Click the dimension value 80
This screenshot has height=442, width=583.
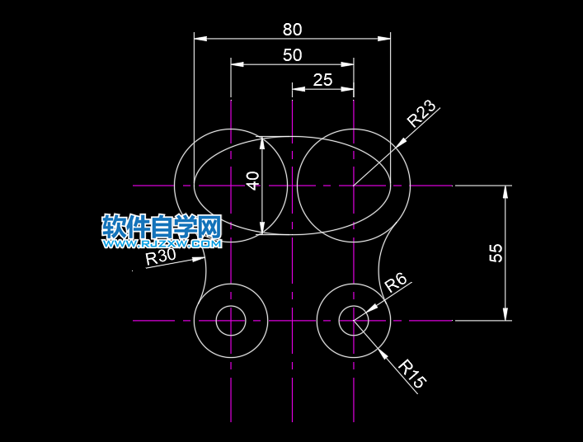point(292,30)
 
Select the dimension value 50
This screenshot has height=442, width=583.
point(292,55)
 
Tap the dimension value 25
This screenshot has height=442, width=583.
point(322,80)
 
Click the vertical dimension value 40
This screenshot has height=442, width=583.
point(253,180)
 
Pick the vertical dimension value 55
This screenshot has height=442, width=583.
point(496,252)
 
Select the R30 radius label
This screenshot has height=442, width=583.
point(161,256)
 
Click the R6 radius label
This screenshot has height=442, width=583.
point(396,283)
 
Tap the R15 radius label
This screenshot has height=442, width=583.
point(412,374)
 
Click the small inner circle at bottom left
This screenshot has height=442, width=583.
point(231,321)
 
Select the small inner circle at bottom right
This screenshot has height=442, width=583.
point(354,321)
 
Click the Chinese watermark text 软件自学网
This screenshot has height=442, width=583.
point(162,226)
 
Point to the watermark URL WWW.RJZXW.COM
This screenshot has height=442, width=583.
point(162,244)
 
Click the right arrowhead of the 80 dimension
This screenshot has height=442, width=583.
point(384,38)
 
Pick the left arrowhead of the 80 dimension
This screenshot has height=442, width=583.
point(200,38)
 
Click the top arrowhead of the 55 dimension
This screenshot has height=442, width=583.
point(505,191)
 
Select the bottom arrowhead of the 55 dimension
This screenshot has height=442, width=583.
point(505,314)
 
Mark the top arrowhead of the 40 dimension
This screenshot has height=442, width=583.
point(262,143)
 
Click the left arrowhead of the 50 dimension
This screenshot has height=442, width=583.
point(237,63)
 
